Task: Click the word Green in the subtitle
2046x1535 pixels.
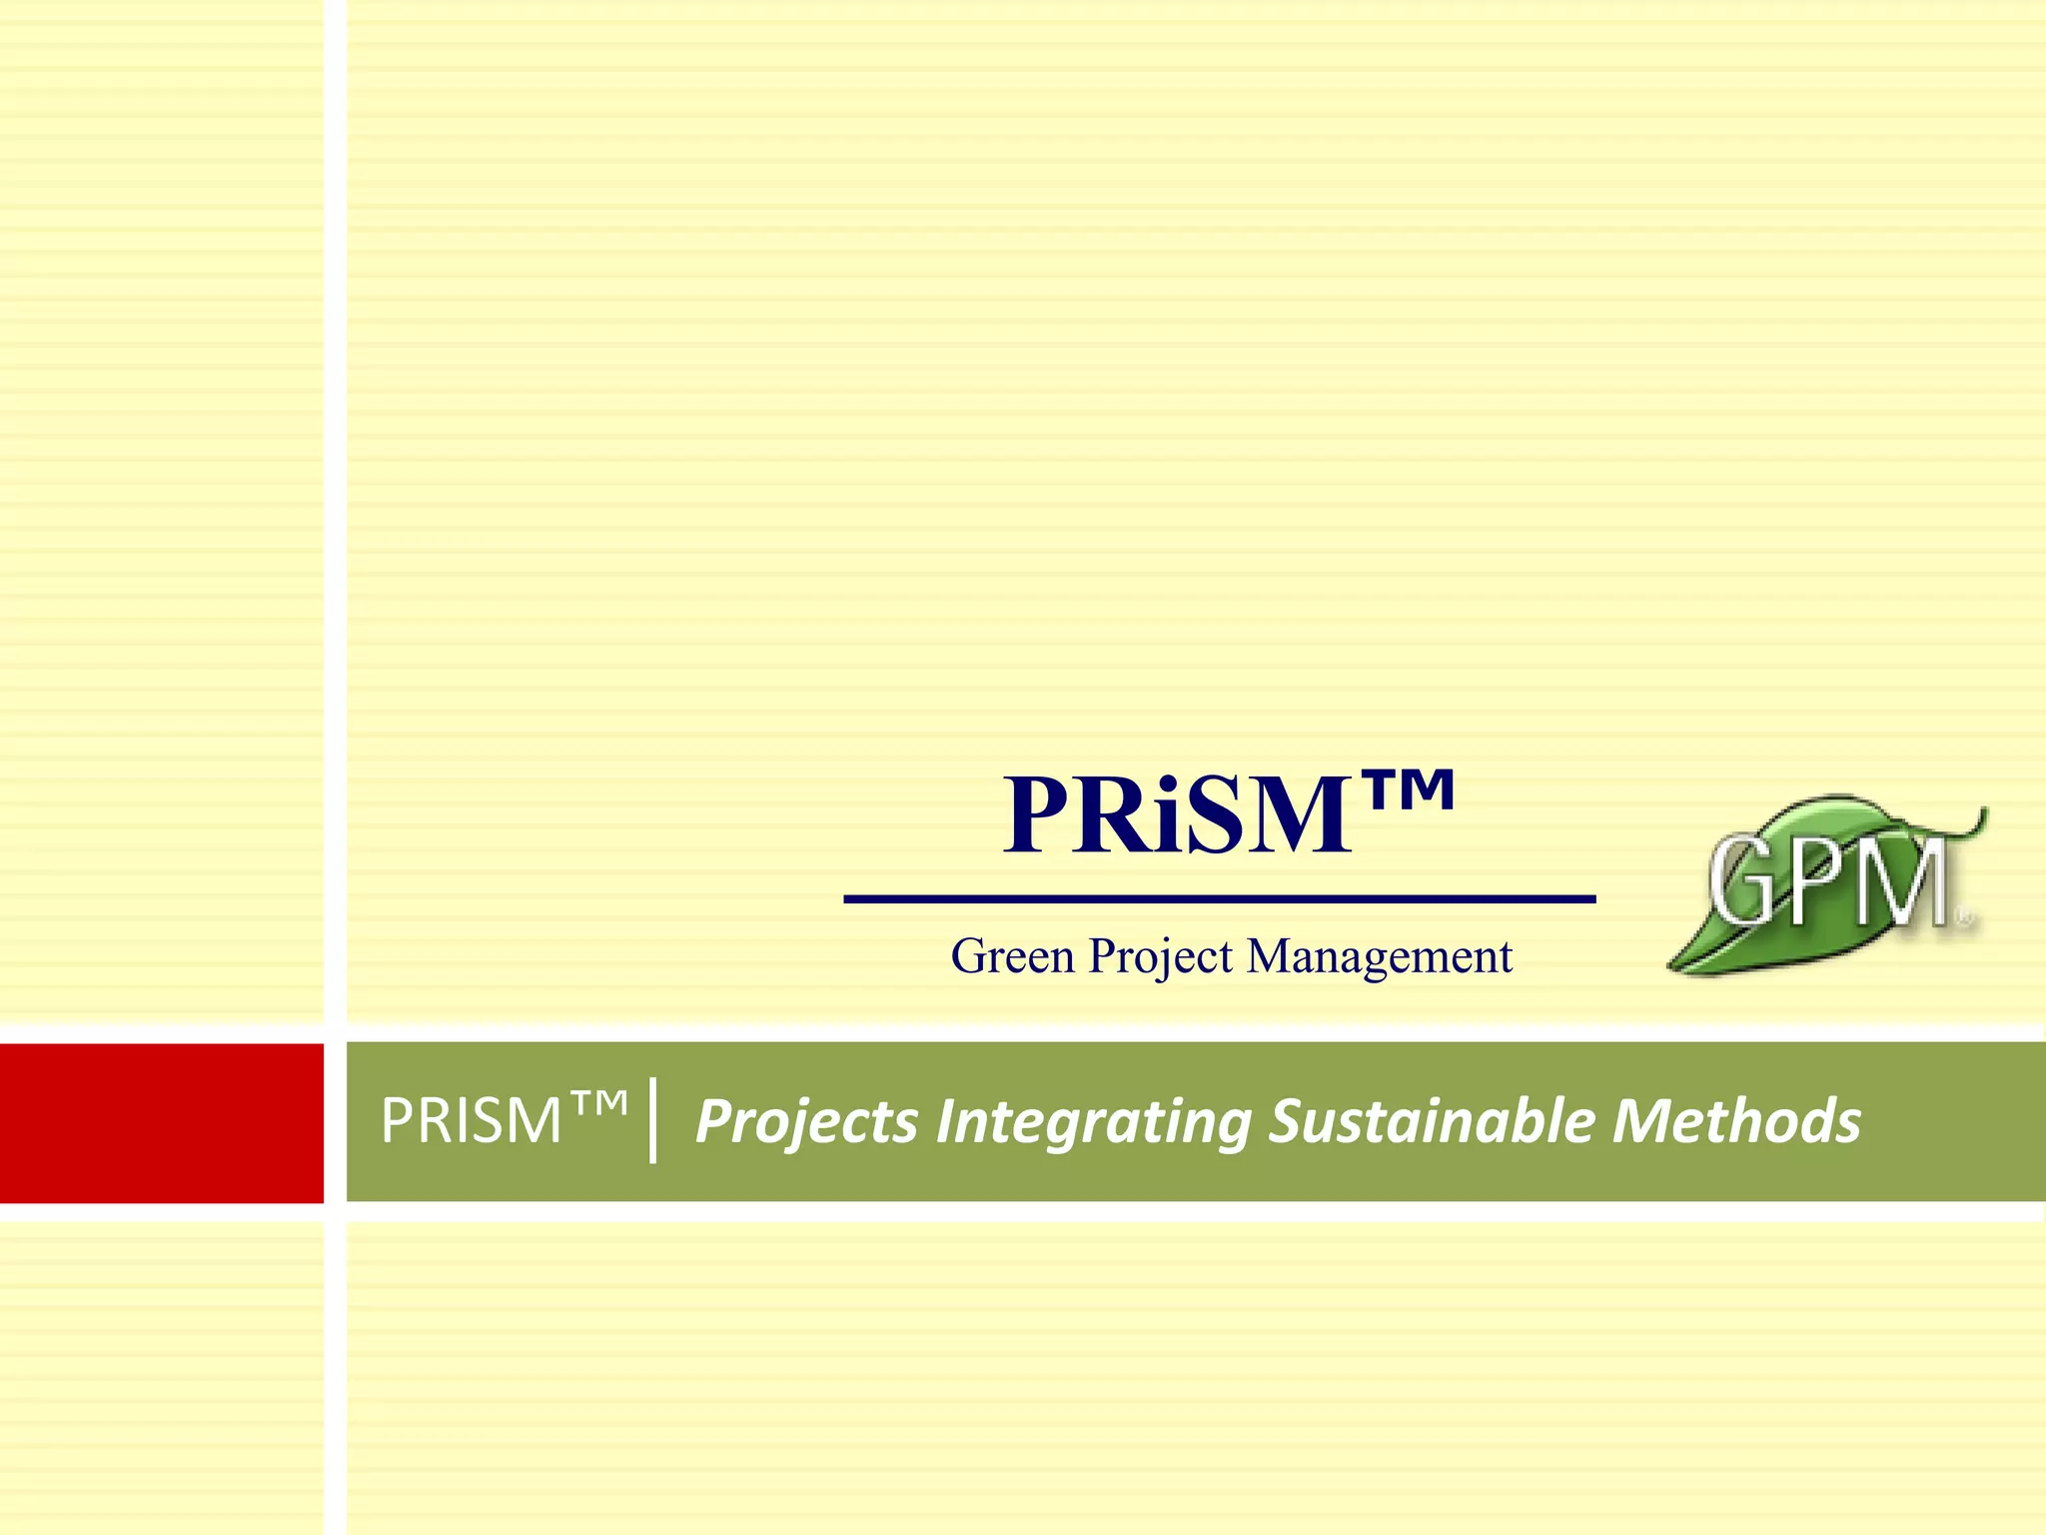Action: coord(1012,956)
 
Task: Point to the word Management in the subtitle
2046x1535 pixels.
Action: coord(1380,956)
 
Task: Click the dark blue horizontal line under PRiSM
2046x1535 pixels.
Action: coord(1219,899)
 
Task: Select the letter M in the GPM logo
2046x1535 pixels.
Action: coord(1906,884)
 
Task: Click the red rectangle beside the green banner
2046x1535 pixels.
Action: coord(161,1122)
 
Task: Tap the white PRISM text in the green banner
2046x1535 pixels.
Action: coord(471,1121)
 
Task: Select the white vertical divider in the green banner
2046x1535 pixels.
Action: coord(652,1121)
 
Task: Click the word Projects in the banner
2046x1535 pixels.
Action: coord(806,1121)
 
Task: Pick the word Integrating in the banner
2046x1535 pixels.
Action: coord(1093,1121)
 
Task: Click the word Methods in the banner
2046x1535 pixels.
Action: coord(1736,1121)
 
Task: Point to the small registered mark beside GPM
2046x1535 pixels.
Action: coord(1963,914)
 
